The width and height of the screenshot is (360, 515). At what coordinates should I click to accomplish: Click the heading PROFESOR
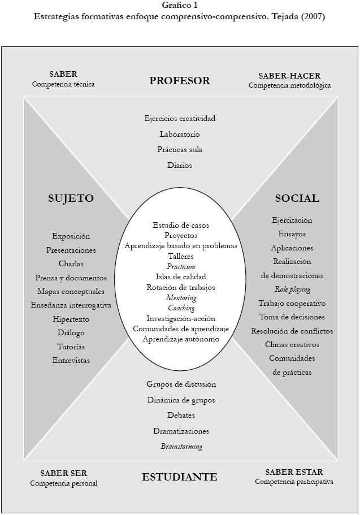coord(180,81)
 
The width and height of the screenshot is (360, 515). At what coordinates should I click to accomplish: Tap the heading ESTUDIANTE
coord(180,477)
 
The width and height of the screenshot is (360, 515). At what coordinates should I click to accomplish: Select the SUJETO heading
coord(71,198)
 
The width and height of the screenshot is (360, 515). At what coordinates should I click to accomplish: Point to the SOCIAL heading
coord(297,198)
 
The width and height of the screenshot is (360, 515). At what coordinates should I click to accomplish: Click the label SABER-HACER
coord(289,76)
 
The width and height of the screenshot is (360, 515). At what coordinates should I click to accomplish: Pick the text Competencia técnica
coord(63,84)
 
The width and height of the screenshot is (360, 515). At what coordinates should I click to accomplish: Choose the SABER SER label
coord(64,473)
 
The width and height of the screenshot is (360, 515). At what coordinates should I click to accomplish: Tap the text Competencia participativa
coord(294,482)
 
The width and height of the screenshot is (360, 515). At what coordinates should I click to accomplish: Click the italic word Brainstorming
coord(181,447)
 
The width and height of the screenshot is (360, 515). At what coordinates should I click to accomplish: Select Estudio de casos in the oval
coord(181,225)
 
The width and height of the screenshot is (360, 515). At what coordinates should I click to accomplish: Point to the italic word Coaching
coord(181,308)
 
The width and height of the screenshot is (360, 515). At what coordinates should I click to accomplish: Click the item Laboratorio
coord(180,135)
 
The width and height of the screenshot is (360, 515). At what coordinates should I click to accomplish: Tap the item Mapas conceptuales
coord(71,292)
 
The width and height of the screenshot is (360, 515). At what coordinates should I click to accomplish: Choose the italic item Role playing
coord(292,289)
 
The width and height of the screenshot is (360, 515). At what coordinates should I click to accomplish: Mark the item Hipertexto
coord(71,319)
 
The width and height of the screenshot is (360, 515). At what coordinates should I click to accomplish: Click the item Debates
coord(181,416)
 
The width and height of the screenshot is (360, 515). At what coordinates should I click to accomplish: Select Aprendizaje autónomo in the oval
coord(181,339)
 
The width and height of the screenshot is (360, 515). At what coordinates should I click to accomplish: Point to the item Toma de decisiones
coord(292,317)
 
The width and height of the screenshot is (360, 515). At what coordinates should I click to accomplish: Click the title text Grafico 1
coord(180,5)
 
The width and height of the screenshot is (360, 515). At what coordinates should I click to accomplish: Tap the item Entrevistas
coord(71,360)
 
